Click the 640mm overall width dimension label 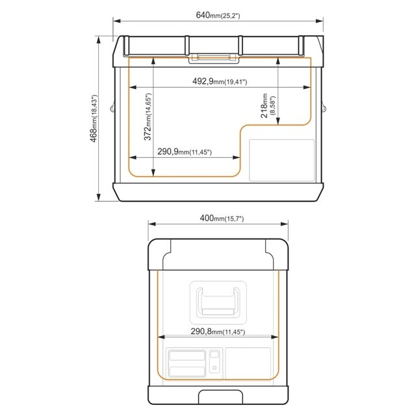point(218,15)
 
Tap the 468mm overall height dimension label point(94,118)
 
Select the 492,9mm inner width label point(220,81)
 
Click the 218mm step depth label point(268,105)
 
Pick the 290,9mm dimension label point(185,151)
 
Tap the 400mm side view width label point(222,218)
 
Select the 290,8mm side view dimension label point(218,331)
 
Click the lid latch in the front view point(214,58)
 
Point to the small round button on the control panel point(214,368)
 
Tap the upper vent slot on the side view point(187,356)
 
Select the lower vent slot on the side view point(187,371)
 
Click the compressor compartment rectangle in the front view point(281,161)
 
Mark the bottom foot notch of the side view point(220,397)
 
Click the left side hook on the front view point(112,107)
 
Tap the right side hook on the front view point(324,107)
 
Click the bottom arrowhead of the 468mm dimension point(99,197)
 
